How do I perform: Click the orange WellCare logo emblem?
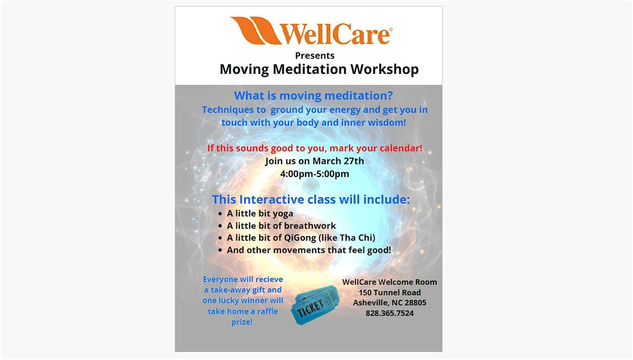[x=256, y=31]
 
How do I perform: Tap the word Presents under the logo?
[x=315, y=56]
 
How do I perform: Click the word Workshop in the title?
[x=385, y=69]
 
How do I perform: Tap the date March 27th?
[x=338, y=161]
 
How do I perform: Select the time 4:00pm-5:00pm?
[x=314, y=173]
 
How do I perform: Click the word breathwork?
[x=310, y=226]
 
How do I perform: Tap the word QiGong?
[x=300, y=238]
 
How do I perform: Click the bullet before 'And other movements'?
[x=220, y=250]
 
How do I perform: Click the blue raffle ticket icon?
[x=315, y=305]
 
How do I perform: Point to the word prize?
[x=242, y=322]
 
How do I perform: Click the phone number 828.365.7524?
[x=389, y=313]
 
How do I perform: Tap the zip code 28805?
[x=416, y=303]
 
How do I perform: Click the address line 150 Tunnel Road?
[x=390, y=293]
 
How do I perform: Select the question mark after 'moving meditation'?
[x=390, y=95]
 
